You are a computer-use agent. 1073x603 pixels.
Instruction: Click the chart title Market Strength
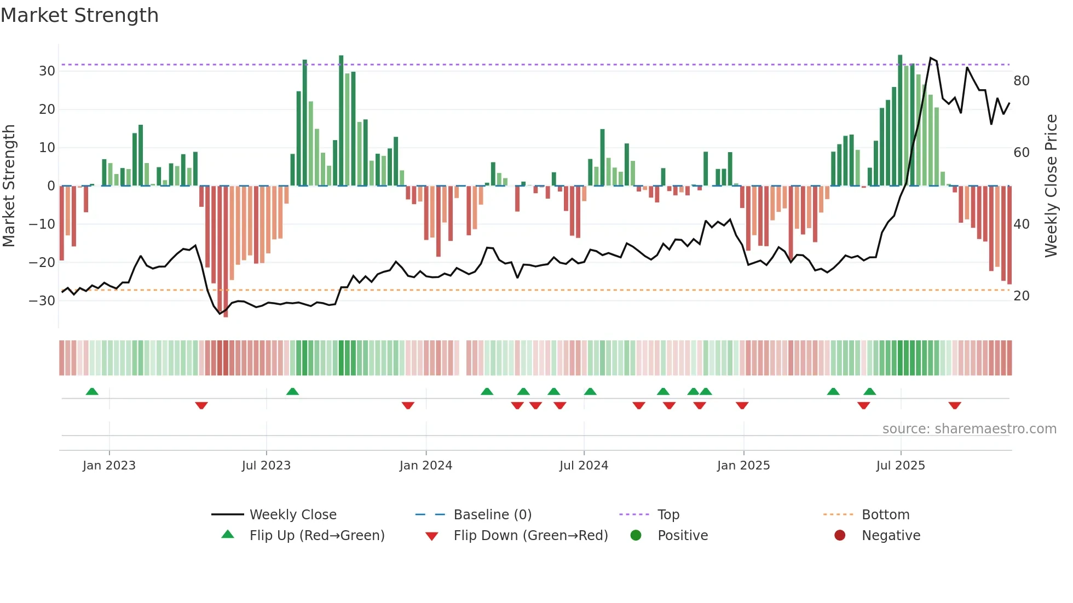[x=79, y=15]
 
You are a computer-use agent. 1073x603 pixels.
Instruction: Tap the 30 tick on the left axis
[x=47, y=71]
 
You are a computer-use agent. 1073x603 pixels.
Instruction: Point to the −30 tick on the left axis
[x=42, y=300]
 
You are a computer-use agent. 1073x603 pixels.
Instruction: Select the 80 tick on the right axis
[x=1022, y=81]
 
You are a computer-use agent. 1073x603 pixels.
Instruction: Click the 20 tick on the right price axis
[x=1022, y=296]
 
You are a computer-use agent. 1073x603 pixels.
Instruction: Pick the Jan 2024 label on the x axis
[x=425, y=466]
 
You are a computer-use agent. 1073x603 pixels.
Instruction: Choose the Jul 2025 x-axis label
[x=900, y=466]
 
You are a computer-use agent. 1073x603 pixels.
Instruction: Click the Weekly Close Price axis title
[x=1051, y=186]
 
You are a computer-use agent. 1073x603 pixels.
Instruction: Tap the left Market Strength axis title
[x=9, y=186]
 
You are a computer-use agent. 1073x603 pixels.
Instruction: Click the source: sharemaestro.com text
[x=969, y=429]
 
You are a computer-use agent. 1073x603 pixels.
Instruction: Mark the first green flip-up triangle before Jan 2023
[x=92, y=392]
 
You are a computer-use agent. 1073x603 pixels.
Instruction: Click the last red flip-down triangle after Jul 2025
[x=955, y=405]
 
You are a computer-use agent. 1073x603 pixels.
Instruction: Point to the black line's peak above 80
[x=930, y=57]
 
